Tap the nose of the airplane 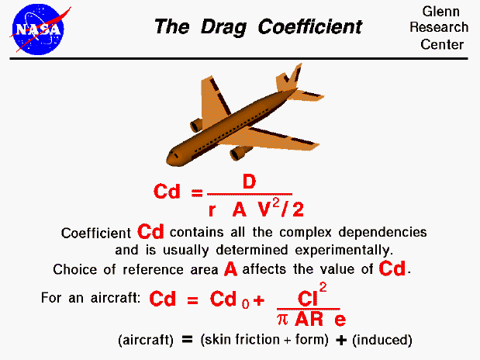[x=172, y=157]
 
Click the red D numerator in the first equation [x=249, y=182]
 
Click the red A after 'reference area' [x=230, y=269]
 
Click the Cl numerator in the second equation [x=309, y=297]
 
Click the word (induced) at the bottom [x=385, y=341]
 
